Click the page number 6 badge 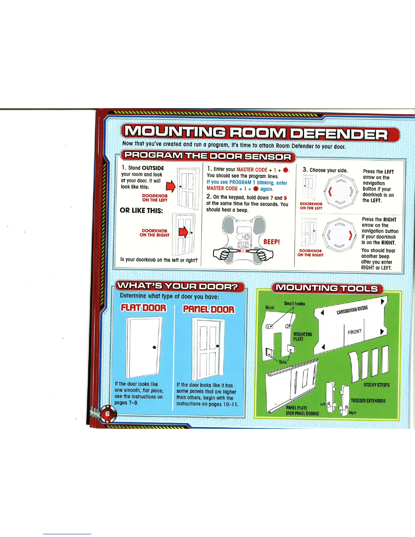107,414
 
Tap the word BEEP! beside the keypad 272,242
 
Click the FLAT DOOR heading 144,308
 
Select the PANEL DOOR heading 209,309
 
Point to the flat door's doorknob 155,347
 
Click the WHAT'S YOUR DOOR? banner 180,287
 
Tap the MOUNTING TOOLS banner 327,289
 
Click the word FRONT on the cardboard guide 355,332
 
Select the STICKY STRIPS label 377,385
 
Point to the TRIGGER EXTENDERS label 368,401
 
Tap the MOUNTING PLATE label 302,337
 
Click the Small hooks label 294,304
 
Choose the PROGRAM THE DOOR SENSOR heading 207,157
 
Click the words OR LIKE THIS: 141,211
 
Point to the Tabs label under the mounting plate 283,362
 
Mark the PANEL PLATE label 297,408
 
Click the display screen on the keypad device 244,229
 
